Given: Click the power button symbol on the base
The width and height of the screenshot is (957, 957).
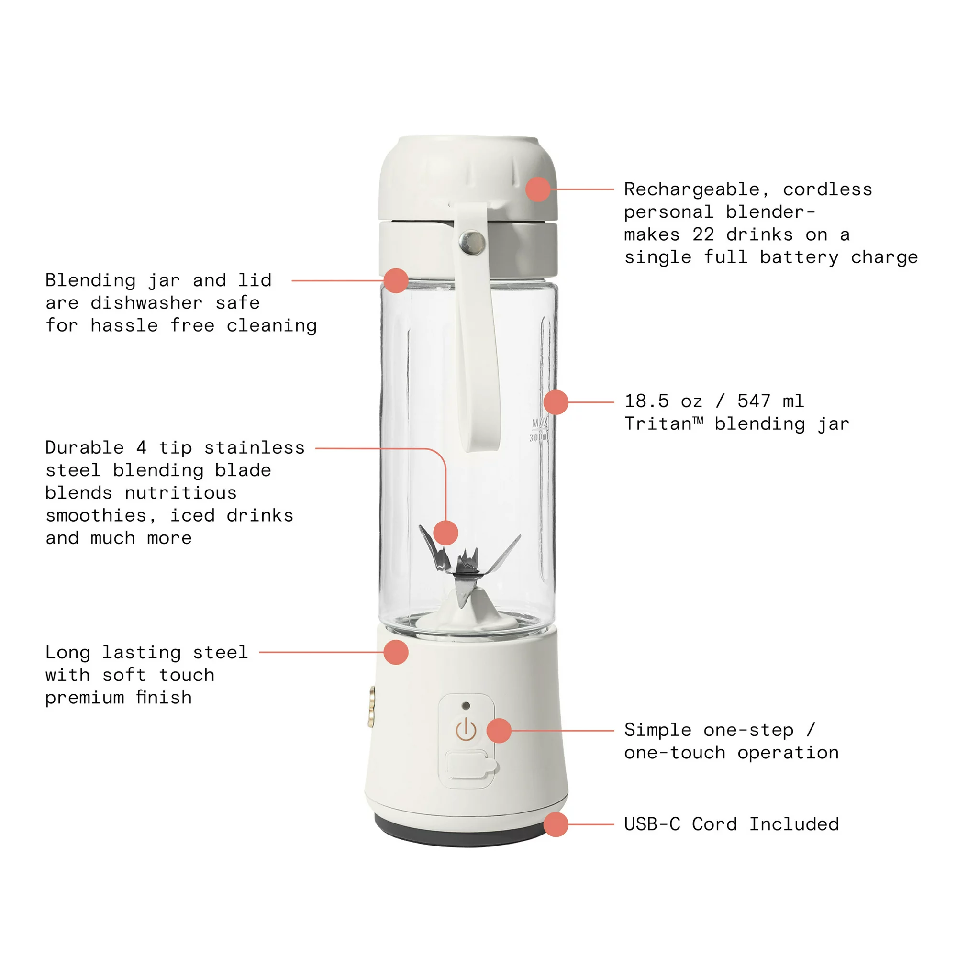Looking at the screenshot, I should pos(466,730).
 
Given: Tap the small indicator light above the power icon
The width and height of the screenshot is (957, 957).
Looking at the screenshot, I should pos(466,705).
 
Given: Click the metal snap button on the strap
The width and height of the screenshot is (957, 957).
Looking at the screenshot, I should pos(472,242).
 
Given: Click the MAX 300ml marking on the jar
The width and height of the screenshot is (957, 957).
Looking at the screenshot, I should pos(539,430).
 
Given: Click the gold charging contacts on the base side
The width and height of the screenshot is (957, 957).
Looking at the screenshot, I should pos(371,706).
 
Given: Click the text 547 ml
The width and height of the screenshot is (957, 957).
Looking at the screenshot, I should pos(770,401).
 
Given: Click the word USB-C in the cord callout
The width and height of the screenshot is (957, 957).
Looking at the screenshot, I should pos(652,824).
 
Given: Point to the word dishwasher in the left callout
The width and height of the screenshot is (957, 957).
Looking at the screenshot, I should pos(146,303).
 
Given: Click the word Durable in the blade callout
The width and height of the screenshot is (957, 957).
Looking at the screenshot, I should pos(84,447).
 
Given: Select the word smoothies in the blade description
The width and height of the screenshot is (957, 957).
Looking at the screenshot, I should pos(97,516).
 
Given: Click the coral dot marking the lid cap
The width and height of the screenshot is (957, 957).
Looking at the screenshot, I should pos(537,189).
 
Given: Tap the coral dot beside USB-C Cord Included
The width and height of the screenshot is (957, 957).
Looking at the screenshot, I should pos(555,824).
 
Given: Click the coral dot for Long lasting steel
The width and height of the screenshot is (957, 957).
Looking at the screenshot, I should pos(396,652).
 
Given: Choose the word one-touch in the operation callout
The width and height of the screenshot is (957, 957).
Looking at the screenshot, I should pos(675,753).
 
